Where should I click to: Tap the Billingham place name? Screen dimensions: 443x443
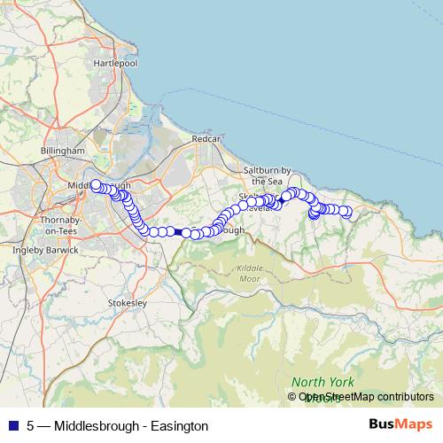click(x=61, y=152)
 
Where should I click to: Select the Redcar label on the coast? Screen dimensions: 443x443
click(x=205, y=140)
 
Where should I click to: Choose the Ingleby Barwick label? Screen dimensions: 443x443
click(x=45, y=251)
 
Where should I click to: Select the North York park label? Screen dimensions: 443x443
click(x=322, y=382)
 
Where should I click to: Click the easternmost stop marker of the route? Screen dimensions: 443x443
click(x=347, y=212)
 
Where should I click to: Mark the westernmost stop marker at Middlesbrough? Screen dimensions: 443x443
click(x=95, y=185)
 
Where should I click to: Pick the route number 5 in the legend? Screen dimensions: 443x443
click(x=31, y=425)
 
